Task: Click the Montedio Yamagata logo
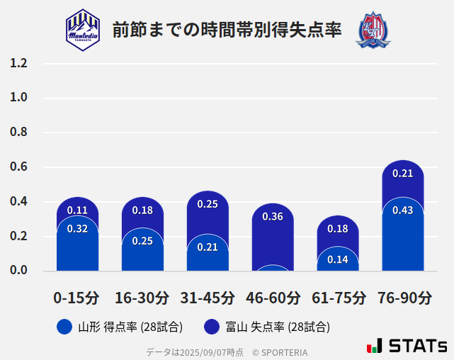click(83, 30)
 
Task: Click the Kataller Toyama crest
click(373, 30)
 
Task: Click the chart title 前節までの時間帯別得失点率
click(227, 30)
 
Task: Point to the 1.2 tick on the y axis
click(18, 64)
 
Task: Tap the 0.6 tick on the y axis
click(18, 167)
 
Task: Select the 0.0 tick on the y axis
click(18, 271)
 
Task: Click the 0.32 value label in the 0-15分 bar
click(77, 228)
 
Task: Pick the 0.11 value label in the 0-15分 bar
click(77, 210)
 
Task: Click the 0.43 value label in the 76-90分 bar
click(402, 210)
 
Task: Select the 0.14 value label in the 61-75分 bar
click(338, 259)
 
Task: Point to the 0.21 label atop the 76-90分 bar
click(402, 173)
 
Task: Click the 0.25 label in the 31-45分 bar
click(208, 204)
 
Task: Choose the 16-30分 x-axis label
click(142, 298)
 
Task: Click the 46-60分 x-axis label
click(273, 298)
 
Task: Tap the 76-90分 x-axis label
click(404, 298)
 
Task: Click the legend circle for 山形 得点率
click(64, 327)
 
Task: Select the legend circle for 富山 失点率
click(212, 327)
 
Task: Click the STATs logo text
click(417, 347)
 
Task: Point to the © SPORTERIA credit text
click(280, 352)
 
